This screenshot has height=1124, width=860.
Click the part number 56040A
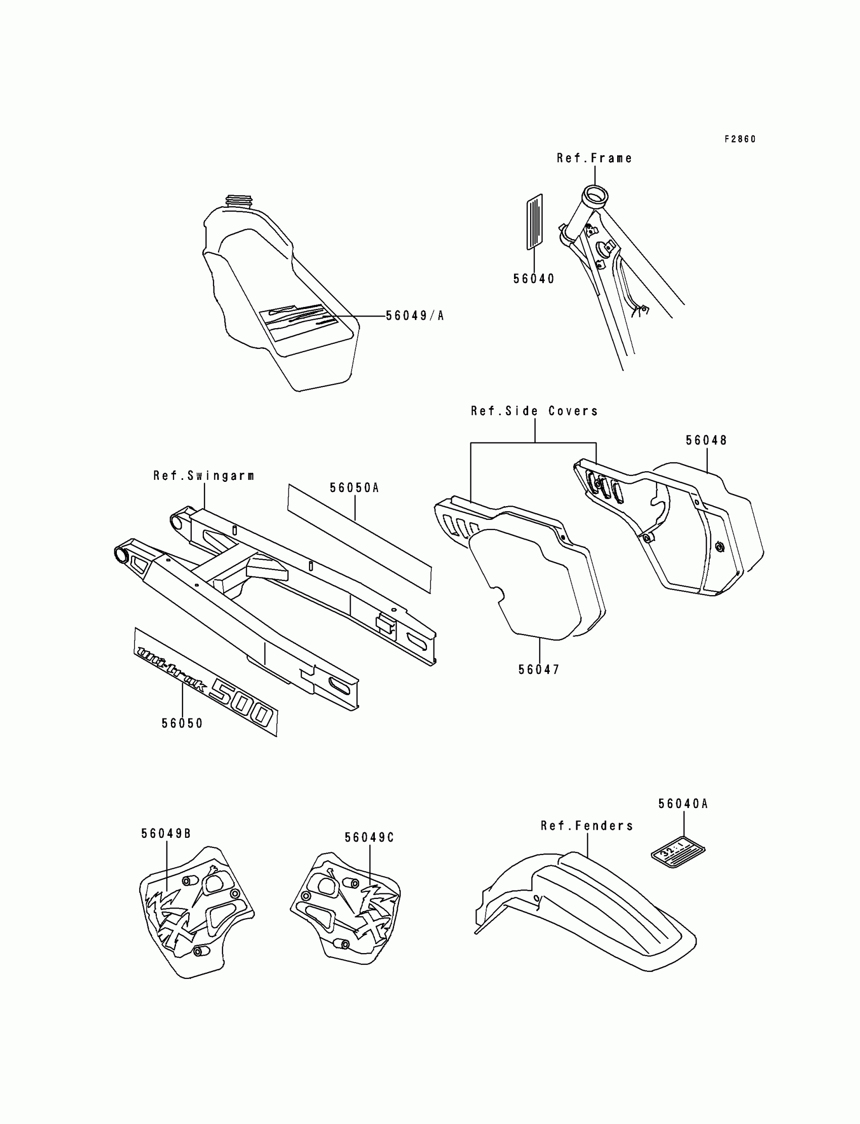tap(683, 804)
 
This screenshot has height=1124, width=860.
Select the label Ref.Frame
tap(594, 159)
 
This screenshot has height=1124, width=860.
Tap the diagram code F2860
tap(740, 139)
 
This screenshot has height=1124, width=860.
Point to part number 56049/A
tap(415, 316)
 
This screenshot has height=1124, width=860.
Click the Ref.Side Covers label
tap(534, 411)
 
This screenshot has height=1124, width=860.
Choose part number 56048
tap(706, 440)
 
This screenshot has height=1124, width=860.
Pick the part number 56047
tap(539, 669)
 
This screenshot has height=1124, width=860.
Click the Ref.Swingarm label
tap(204, 476)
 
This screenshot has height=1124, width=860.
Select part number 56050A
tap(354, 488)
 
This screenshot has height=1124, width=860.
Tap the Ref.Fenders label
tap(587, 826)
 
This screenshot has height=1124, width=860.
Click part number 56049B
tap(166, 834)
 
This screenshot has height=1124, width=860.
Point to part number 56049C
tap(369, 837)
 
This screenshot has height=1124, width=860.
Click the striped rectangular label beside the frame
tap(534, 221)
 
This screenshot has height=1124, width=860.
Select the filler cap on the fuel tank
tap(238, 201)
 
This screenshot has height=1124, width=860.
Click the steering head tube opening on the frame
tap(595, 197)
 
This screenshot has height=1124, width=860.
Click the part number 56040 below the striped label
tap(534, 279)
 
